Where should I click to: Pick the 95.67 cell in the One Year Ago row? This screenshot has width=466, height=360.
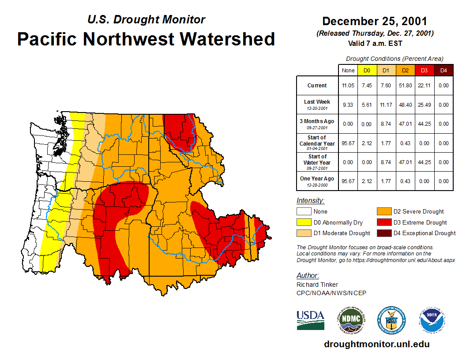[348, 181]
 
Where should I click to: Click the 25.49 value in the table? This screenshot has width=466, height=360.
[425, 105]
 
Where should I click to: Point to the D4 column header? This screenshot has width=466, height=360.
[443, 70]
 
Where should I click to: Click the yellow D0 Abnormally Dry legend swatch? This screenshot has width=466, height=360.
[304, 222]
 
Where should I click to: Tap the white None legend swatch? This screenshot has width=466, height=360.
[304, 212]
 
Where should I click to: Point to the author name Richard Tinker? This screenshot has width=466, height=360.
[317, 285]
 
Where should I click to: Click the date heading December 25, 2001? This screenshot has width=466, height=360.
[374, 21]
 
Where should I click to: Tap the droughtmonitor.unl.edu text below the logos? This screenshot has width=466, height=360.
[376, 344]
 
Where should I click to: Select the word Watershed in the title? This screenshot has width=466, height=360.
[227, 39]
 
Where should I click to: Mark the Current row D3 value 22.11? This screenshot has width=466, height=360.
[425, 86]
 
